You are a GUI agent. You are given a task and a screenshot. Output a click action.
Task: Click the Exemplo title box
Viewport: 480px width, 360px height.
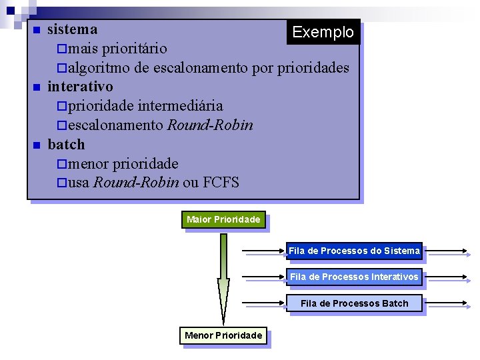pyautogui.click(x=323, y=32)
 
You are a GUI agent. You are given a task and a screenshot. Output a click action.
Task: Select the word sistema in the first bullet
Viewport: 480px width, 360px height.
pyautogui.click(x=73, y=29)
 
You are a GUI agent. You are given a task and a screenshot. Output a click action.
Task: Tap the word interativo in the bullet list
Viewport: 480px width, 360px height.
pyautogui.click(x=80, y=87)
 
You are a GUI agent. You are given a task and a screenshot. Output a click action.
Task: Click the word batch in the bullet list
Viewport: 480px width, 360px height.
pyautogui.click(x=66, y=145)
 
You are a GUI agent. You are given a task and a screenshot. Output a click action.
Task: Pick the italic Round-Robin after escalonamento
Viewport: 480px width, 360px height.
pyautogui.click(x=210, y=125)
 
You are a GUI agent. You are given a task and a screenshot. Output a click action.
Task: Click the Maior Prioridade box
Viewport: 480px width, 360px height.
pyautogui.click(x=223, y=219)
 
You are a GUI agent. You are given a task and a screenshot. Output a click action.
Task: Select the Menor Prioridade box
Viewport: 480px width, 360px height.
pyautogui.click(x=223, y=335)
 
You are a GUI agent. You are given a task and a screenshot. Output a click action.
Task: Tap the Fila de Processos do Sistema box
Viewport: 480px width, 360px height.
pyautogui.click(x=354, y=251)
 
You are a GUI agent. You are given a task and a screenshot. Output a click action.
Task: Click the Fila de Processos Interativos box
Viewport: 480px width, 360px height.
pyautogui.click(x=354, y=277)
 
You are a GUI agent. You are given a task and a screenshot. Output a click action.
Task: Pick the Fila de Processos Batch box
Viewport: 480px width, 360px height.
pyautogui.click(x=354, y=303)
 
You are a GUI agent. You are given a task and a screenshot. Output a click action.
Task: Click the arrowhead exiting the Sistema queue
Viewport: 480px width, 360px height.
pyautogui.click(x=468, y=252)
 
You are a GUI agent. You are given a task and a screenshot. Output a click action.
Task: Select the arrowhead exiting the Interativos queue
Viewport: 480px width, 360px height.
pyautogui.click(x=468, y=277)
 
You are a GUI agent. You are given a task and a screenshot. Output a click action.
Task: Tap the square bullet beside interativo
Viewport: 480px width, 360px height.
pyautogui.click(x=37, y=87)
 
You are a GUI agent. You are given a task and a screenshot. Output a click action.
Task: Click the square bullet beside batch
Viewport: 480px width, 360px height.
pyautogui.click(x=37, y=145)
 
